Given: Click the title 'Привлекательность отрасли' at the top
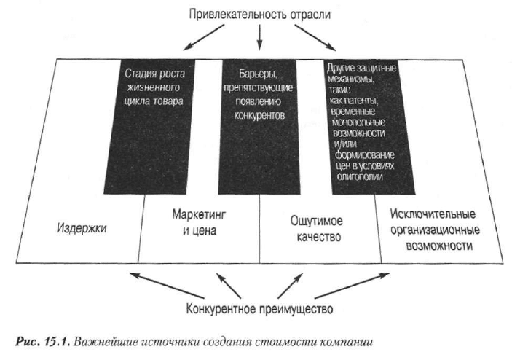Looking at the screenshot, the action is click(x=259, y=15).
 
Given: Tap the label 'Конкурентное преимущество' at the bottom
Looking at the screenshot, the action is click(x=259, y=309).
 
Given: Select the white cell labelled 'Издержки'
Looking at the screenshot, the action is click(x=79, y=228).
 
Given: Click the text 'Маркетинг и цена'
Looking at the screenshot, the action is click(x=199, y=222).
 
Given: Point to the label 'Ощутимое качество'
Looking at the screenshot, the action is click(x=317, y=229).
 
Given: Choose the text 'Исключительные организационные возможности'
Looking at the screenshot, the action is click(x=435, y=230).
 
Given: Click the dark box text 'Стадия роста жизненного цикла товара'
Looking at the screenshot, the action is click(x=154, y=87).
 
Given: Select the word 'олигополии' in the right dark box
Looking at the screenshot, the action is click(x=361, y=177).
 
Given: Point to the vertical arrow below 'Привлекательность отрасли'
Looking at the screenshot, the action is click(x=259, y=38).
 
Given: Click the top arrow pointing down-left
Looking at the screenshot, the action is click(x=204, y=37).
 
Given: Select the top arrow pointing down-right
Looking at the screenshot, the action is click(x=315, y=38).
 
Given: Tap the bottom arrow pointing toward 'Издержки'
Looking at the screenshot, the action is click(x=167, y=285).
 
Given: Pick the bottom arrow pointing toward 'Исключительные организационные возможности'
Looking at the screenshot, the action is click(x=352, y=285).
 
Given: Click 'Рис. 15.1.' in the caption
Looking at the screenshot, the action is click(x=42, y=342).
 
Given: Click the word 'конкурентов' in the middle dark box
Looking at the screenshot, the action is click(x=259, y=115).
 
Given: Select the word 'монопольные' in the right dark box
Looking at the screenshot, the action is click(x=358, y=122).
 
